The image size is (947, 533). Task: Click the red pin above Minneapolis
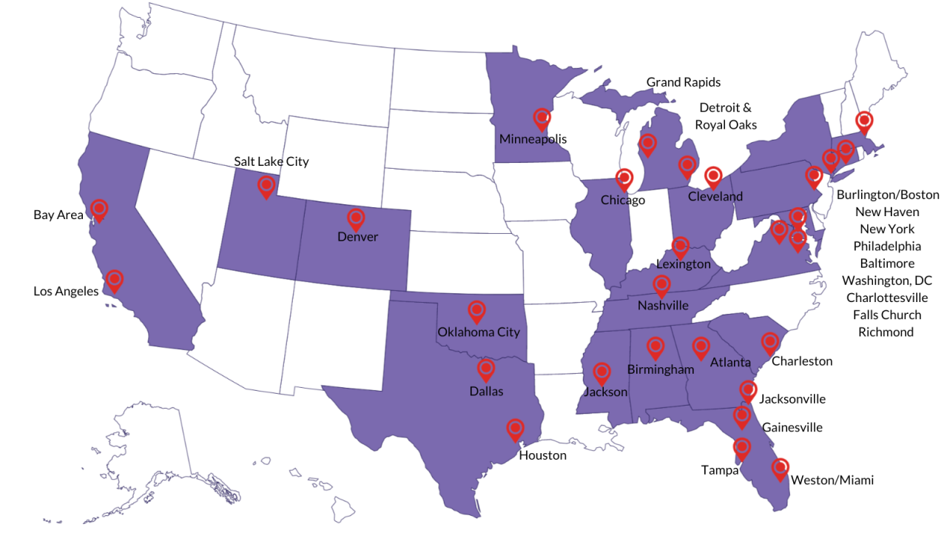tap(542, 118)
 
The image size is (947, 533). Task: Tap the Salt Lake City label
tap(272, 161)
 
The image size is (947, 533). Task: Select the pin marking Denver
tap(356, 218)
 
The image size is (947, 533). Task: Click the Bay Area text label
tap(58, 215)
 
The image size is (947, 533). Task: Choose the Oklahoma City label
tap(479, 332)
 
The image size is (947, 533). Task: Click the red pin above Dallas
tap(486, 369)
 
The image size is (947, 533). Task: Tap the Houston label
tap(542, 455)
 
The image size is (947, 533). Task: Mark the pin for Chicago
tap(624, 178)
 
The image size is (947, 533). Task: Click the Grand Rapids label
tap(683, 82)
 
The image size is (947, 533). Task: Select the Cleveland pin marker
tap(713, 176)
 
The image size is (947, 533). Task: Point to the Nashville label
tap(663, 305)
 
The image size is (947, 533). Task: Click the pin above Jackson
tap(601, 372)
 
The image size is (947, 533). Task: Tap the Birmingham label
tap(661, 369)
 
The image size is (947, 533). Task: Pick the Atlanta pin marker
tap(701, 346)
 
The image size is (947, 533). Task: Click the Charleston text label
tap(802, 361)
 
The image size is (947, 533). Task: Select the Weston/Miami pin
tap(780, 468)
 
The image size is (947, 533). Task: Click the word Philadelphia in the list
tap(886, 246)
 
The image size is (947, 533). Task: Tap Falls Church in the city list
tap(886, 315)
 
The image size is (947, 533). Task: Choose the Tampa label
tap(720, 470)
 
